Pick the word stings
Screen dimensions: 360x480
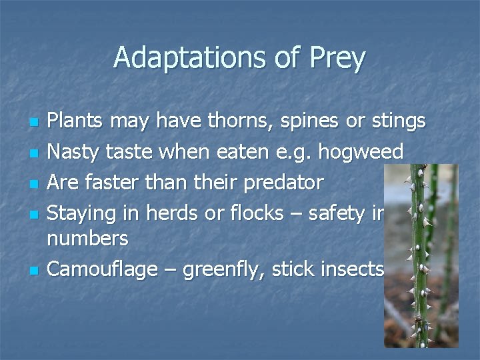[397, 122]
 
